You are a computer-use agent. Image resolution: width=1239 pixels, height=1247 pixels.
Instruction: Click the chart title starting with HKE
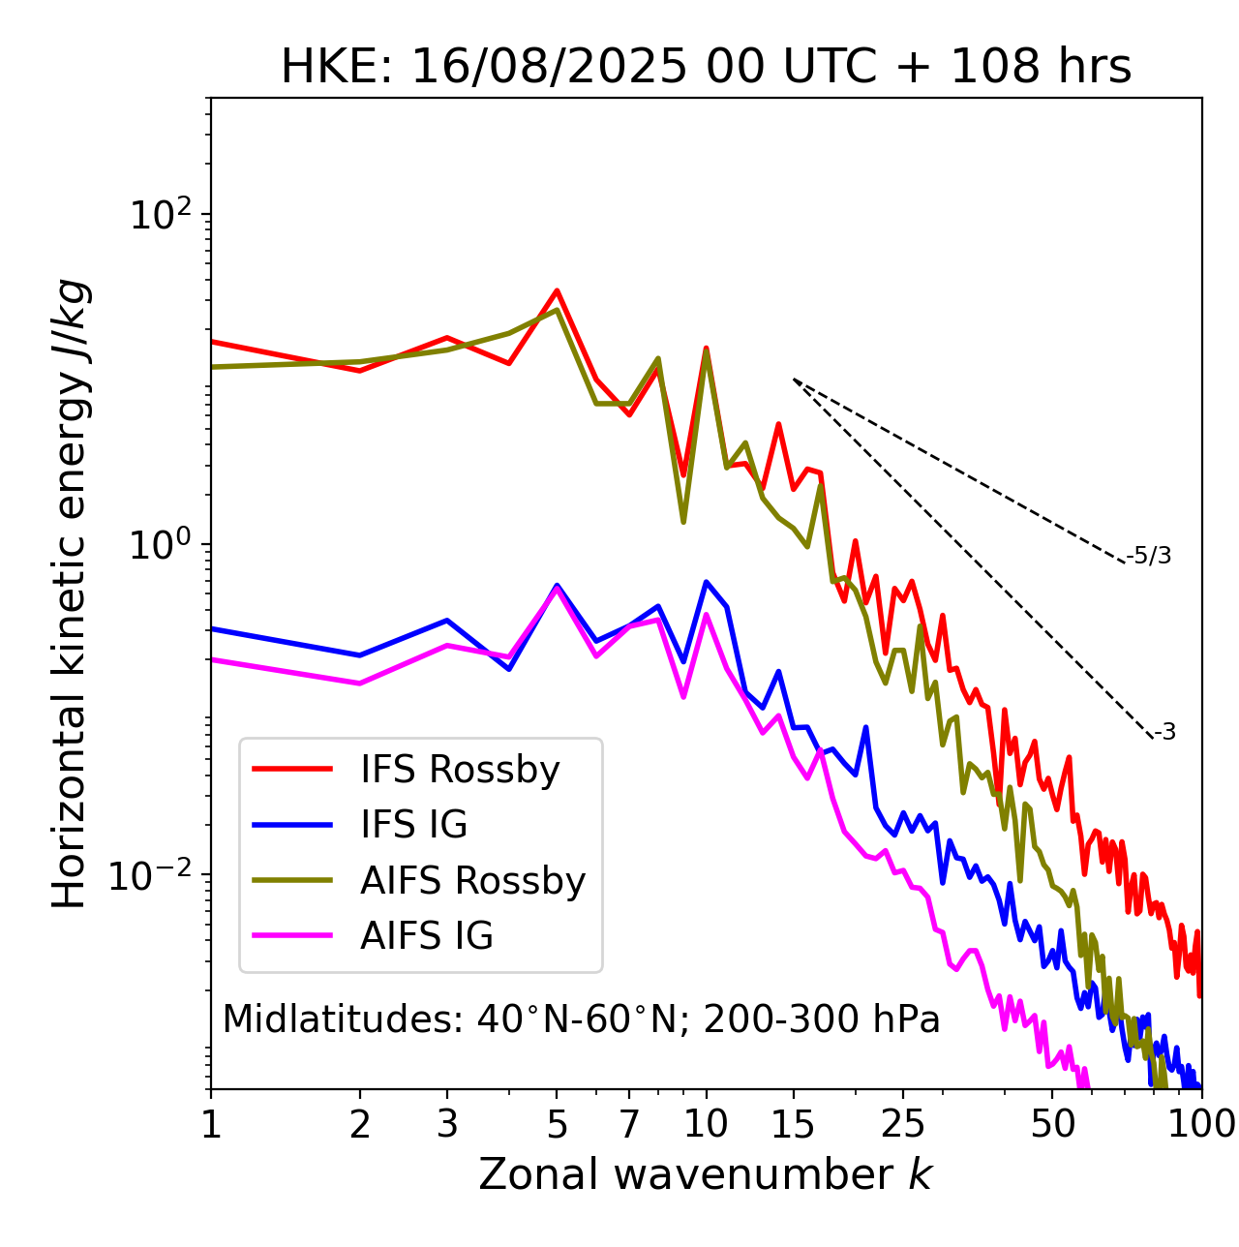coord(706,68)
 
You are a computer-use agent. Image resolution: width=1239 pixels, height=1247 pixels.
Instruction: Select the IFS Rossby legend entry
coord(460,770)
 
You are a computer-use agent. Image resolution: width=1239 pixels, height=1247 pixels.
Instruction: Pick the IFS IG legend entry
coord(413,825)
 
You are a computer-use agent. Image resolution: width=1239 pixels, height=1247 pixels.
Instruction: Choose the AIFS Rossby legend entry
coord(472,881)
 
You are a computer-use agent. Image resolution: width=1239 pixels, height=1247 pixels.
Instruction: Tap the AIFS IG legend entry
coord(427,936)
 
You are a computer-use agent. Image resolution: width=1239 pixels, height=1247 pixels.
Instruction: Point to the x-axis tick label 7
coord(630,1124)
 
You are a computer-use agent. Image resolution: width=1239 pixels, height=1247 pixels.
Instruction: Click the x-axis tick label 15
coord(794,1124)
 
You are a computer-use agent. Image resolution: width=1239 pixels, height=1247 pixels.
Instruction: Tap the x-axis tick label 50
coord(1052,1124)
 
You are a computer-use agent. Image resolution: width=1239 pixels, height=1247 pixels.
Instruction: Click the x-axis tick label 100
coord(1201,1124)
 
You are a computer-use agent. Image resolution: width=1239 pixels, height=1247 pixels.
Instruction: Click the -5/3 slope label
coord(1149,556)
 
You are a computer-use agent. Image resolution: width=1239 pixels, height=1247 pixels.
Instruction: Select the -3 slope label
coord(1164,733)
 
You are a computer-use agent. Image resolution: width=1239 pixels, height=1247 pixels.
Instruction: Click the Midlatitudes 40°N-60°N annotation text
coord(581,1019)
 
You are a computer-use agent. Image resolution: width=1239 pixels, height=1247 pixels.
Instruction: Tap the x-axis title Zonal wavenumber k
coord(706,1174)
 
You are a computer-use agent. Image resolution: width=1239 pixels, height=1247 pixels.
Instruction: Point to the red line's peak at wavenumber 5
coord(557,290)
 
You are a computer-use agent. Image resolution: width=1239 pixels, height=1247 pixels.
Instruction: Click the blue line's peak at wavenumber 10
coord(707,582)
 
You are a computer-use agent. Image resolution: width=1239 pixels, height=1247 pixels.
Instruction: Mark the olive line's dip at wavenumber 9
coord(683,522)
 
